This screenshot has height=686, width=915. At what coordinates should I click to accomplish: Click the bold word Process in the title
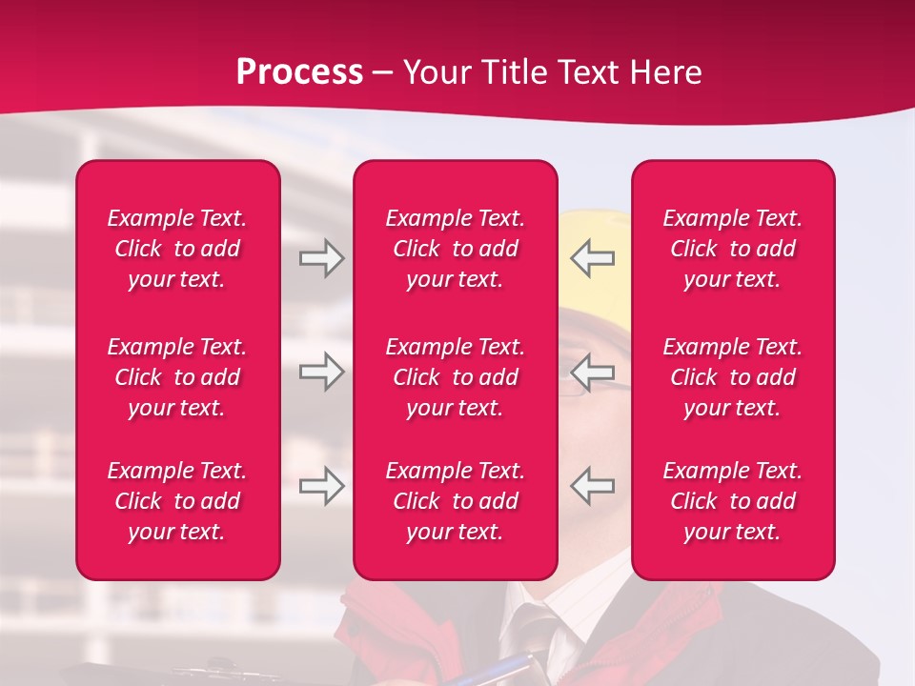(299, 72)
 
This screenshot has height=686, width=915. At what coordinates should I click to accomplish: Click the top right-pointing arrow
(321, 258)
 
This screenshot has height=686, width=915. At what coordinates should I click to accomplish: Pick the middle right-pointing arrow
(321, 372)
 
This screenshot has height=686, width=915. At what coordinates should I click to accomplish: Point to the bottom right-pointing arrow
(321, 486)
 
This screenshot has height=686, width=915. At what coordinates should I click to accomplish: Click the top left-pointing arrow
(592, 258)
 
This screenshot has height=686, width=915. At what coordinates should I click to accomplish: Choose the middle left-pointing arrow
(592, 372)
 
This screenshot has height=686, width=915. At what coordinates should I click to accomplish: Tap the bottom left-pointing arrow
(592, 486)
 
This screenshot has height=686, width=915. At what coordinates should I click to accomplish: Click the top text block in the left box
(177, 249)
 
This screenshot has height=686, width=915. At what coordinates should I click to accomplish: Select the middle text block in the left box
(177, 377)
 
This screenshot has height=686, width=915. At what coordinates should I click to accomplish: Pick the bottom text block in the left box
(177, 501)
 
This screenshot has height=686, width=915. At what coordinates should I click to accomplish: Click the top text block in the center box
(455, 249)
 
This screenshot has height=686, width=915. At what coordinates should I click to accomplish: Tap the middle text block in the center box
(455, 377)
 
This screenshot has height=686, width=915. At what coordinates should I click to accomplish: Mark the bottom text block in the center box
(455, 501)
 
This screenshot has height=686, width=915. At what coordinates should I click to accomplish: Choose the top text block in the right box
(732, 249)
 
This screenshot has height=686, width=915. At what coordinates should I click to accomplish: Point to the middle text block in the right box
(732, 377)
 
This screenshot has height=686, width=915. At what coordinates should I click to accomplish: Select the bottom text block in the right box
(732, 501)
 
